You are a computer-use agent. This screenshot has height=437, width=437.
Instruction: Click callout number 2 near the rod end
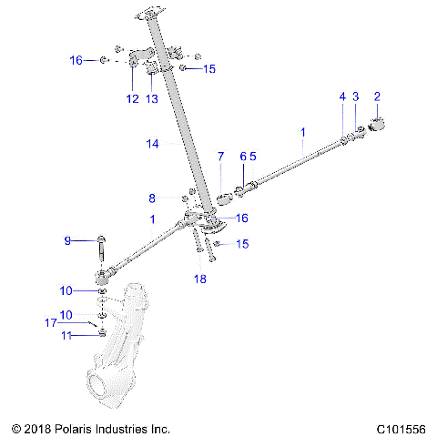377,97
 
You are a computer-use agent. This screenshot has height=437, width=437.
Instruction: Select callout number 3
356,97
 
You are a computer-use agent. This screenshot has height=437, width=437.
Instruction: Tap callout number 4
342,97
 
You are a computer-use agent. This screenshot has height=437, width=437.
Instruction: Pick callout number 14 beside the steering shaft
153,143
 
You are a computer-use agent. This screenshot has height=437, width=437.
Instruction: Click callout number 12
133,98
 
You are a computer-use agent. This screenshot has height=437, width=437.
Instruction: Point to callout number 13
152,98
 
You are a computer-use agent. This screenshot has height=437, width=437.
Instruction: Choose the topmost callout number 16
76,60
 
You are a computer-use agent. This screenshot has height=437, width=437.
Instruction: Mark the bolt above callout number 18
197,241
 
